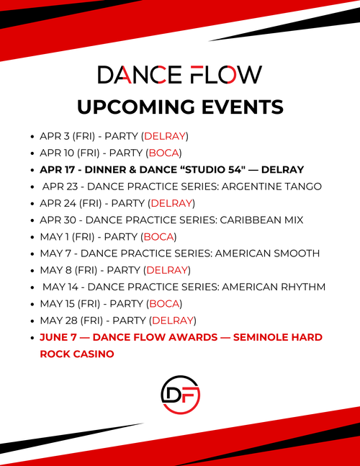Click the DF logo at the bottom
179,394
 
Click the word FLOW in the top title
225,75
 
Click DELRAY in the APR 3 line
165,135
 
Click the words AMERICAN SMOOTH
269,253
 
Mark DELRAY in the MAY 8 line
166,270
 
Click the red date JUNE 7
58,337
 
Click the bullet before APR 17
32,170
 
